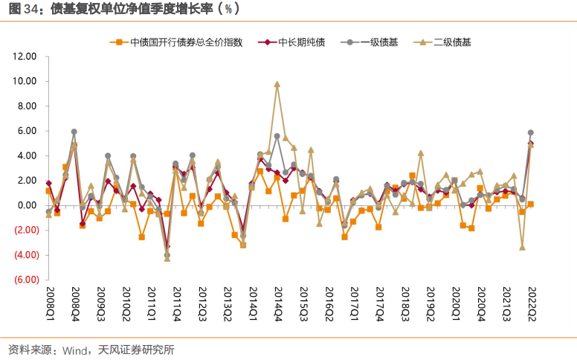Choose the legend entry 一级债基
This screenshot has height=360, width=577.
379,42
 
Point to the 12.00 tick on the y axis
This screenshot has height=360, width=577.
25,57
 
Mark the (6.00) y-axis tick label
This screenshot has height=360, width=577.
25,280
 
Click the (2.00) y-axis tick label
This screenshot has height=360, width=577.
25,230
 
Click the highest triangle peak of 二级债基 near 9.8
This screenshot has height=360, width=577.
277,84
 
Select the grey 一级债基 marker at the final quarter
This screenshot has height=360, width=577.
530,132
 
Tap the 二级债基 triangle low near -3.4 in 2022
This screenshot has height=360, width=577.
522,247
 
